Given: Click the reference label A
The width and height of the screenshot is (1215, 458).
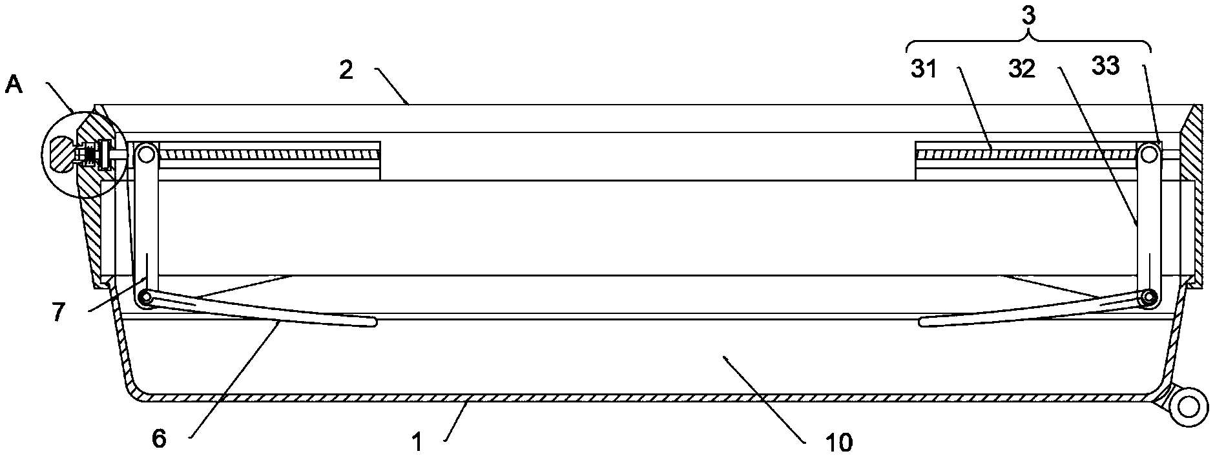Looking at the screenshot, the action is tap(14, 84).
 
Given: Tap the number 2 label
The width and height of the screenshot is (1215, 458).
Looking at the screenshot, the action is tap(347, 70).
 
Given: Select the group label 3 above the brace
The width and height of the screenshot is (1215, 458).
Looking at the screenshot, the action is tap(1029, 16).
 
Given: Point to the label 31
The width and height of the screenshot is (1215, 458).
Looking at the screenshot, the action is tap(924, 69).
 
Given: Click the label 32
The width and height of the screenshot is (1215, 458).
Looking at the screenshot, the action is tap(1022, 69).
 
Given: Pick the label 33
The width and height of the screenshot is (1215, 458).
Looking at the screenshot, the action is tap(1105, 65).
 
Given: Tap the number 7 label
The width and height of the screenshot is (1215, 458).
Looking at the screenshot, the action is tap(59, 313).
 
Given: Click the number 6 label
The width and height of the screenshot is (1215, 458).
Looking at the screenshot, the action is tap(159, 439).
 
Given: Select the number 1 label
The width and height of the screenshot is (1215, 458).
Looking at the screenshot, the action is tap(417, 442).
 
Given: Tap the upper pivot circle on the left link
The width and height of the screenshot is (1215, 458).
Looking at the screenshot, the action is tap(146, 154).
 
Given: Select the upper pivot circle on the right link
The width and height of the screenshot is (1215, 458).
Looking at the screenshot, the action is tap(1148, 154).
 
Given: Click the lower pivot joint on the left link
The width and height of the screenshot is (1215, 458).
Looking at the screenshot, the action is tap(146, 298).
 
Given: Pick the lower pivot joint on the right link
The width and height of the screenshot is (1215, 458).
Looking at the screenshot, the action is tap(1148, 297).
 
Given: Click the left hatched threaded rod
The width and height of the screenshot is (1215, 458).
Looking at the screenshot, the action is tap(268, 154).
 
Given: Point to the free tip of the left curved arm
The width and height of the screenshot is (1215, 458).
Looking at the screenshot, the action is tap(372, 321).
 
